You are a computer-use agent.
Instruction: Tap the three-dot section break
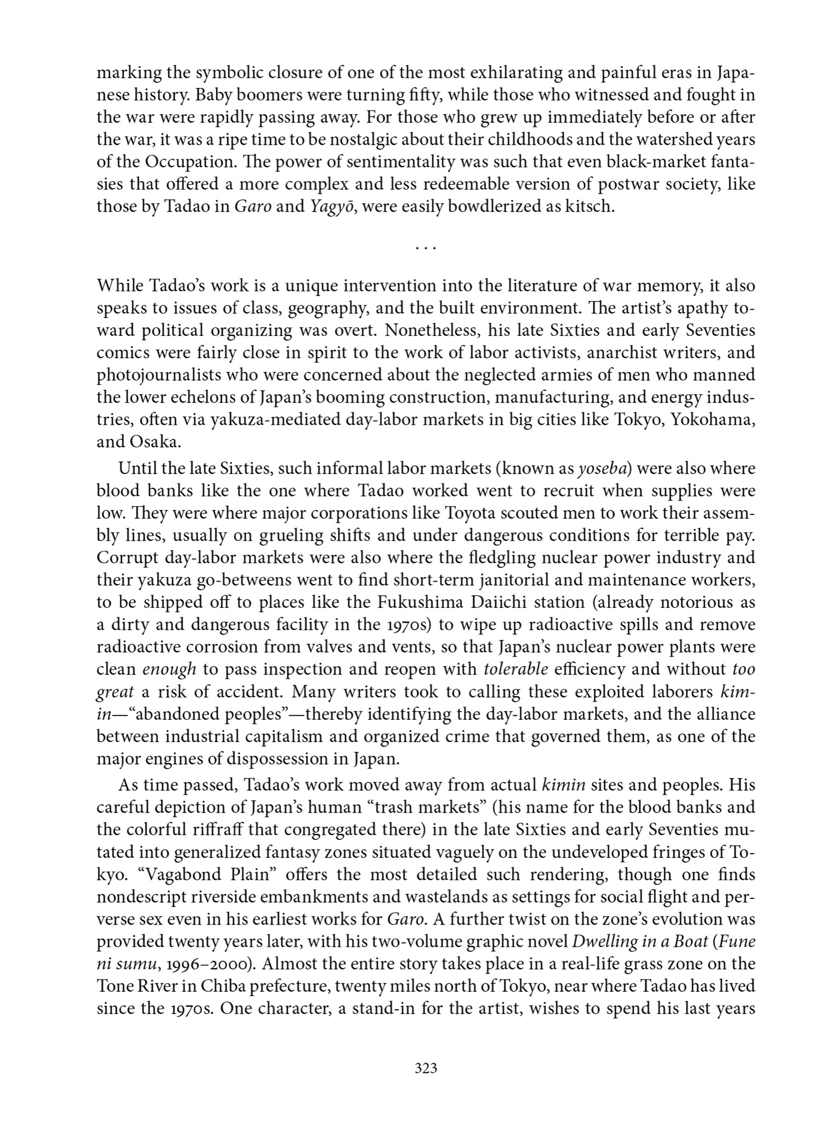point(425,248)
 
